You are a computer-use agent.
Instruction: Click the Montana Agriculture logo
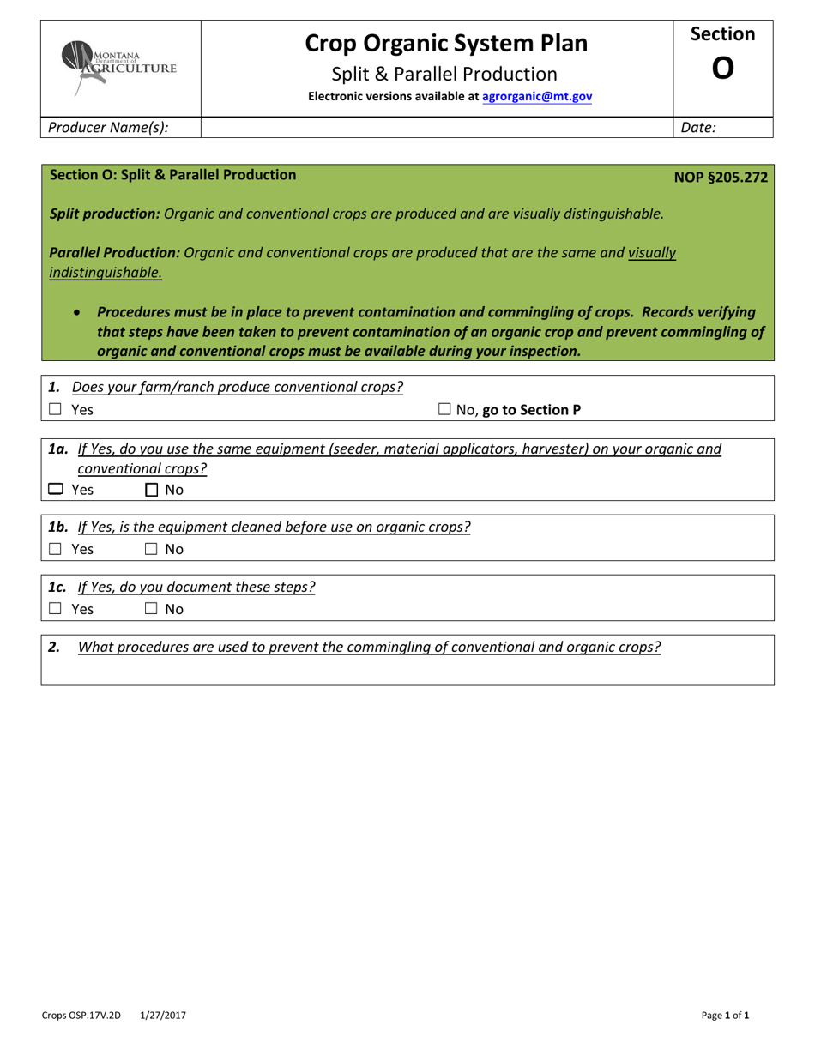click(x=119, y=66)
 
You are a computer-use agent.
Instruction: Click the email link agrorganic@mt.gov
click(x=537, y=97)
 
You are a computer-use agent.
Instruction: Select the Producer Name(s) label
click(x=108, y=128)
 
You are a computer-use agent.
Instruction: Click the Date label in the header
click(x=698, y=128)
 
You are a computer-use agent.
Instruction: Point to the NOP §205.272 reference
click(x=721, y=178)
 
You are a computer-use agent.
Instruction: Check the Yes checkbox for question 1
click(x=56, y=410)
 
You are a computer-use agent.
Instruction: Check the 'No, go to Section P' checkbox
click(x=444, y=410)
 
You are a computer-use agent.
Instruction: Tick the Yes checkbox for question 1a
click(x=56, y=490)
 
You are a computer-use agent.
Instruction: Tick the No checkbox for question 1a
click(x=151, y=490)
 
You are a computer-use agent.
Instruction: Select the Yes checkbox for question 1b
click(x=56, y=549)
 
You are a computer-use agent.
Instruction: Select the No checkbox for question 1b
click(x=151, y=549)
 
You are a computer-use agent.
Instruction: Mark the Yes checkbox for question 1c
click(x=56, y=609)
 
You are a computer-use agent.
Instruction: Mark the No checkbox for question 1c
click(x=151, y=609)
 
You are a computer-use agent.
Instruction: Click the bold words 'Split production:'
click(x=105, y=214)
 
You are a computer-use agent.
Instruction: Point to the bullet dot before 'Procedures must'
click(x=79, y=313)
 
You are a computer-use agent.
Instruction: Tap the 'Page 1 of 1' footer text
click(x=725, y=1016)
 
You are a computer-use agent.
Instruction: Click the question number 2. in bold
click(x=54, y=648)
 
